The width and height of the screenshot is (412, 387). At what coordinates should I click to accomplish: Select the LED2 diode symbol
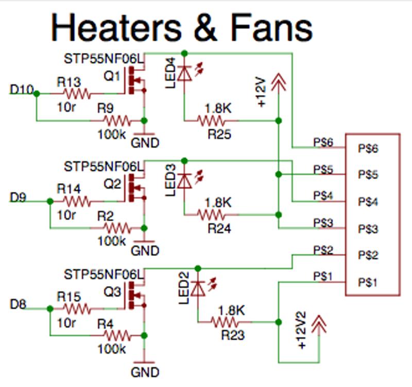point(198,288)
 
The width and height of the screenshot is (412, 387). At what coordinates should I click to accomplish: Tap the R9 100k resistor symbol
point(117,121)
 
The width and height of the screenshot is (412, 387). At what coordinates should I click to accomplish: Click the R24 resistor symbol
point(211,215)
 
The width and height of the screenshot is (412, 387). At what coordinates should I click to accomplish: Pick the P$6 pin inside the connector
point(368,149)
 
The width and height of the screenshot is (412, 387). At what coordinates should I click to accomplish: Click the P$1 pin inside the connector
point(368,283)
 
